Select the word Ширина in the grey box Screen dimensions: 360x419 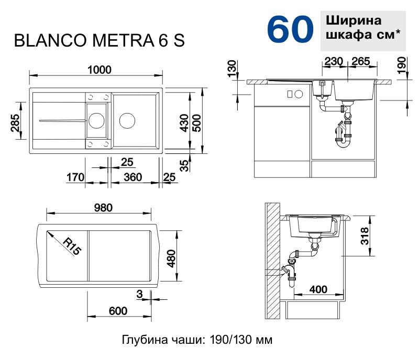(354, 21)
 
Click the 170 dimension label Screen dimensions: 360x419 (76, 178)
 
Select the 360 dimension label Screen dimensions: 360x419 (133, 178)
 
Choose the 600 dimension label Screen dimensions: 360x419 (118, 311)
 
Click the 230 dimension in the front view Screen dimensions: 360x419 (334, 62)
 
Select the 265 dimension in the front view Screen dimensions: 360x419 (361, 62)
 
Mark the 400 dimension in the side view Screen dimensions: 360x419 (318, 289)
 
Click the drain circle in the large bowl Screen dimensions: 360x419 (127, 120)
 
